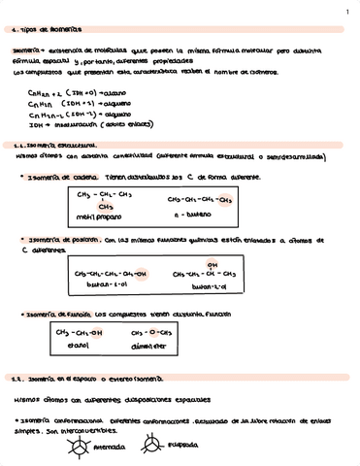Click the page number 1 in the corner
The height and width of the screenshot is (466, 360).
tap(346, 12)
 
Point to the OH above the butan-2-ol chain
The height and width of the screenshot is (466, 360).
tap(213, 263)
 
